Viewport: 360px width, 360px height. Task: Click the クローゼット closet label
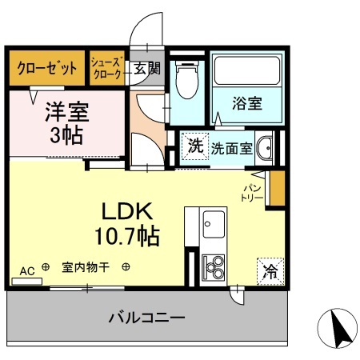pyautogui.click(x=47, y=68)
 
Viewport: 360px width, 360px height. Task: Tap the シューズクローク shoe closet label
pyautogui.click(x=107, y=68)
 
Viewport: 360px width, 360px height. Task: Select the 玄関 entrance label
pyautogui.click(x=146, y=68)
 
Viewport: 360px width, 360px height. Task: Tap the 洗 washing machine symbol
pyautogui.click(x=194, y=146)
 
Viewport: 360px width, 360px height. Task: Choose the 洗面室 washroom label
pyautogui.click(x=232, y=147)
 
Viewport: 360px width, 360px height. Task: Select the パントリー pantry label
pyautogui.click(x=253, y=191)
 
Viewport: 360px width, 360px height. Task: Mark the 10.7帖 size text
pyautogui.click(x=127, y=236)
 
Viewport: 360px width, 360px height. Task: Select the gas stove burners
pyautogui.click(x=213, y=265)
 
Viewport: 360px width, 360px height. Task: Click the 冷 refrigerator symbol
pyautogui.click(x=270, y=270)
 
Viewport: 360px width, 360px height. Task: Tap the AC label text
pyautogui.click(x=26, y=270)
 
